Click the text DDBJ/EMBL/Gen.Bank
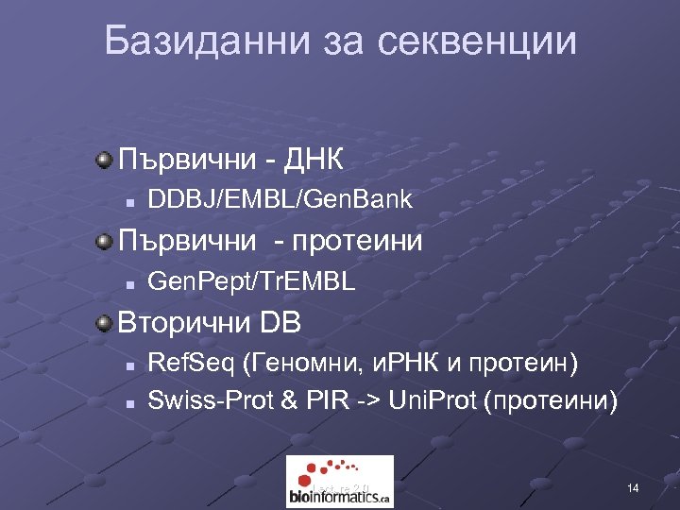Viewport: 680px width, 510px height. click(x=280, y=200)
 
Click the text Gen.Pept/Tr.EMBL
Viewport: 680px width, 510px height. click(x=252, y=280)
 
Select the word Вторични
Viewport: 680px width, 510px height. click(x=179, y=323)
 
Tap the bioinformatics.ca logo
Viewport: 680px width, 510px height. click(x=339, y=482)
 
